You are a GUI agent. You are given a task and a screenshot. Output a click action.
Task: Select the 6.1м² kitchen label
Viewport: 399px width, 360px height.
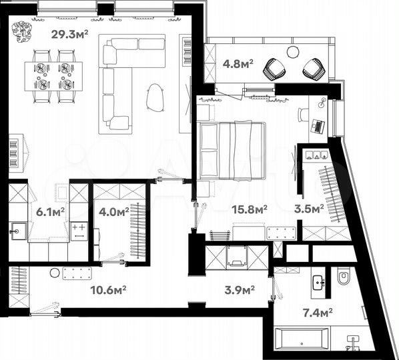pyautogui.click(x=51, y=212)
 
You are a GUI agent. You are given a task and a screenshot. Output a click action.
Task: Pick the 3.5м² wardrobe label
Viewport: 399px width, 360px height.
pyautogui.click(x=309, y=208)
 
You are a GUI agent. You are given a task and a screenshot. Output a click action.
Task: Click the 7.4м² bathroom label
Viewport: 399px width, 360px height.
pyautogui.click(x=319, y=311)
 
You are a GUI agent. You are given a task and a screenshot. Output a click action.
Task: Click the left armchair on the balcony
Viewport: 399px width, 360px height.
pyautogui.click(x=274, y=67)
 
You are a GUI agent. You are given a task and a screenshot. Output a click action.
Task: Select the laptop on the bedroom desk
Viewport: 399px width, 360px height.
pyautogui.click(x=318, y=125)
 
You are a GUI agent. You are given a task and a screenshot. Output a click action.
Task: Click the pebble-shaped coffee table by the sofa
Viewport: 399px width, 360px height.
pyautogui.click(x=157, y=97)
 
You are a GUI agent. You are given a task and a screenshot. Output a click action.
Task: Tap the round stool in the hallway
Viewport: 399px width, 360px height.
pyautogui.click(x=54, y=272)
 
